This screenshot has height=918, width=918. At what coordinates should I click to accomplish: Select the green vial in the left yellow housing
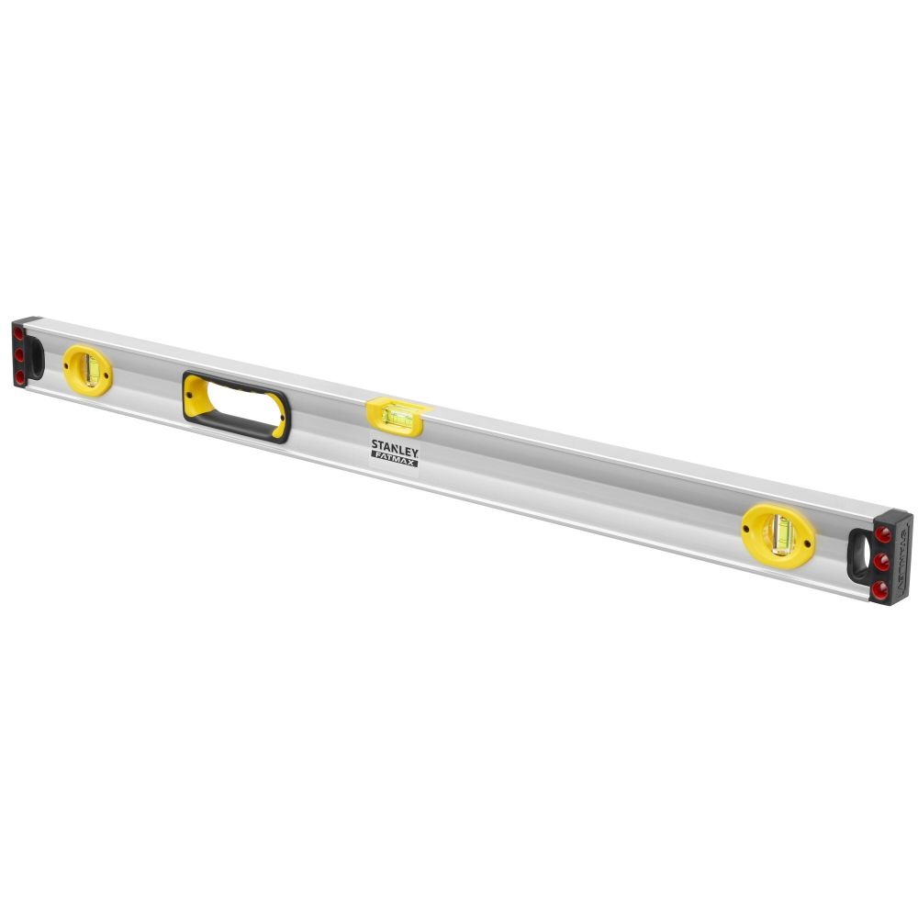pyautogui.click(x=91, y=370)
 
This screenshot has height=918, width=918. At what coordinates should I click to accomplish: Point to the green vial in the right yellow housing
pyautogui.click(x=782, y=535)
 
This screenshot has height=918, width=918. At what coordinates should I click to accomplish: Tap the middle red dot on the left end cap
pyautogui.click(x=19, y=355)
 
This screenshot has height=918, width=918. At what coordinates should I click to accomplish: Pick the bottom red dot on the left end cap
pyautogui.click(x=20, y=377)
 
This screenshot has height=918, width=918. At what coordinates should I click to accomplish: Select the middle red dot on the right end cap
pyautogui.click(x=881, y=561)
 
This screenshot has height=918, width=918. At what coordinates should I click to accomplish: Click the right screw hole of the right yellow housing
pyautogui.click(x=807, y=543)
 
